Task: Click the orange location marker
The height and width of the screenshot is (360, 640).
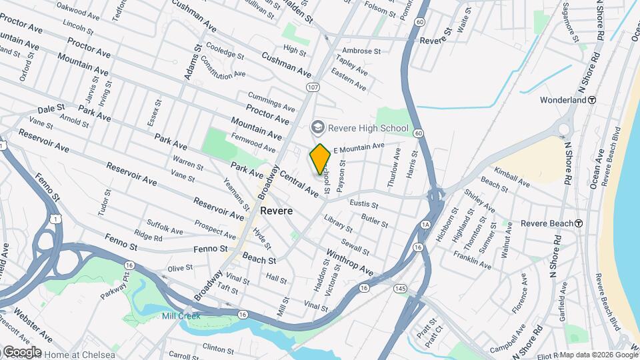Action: click(x=320, y=159)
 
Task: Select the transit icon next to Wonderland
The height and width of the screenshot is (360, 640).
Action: click(x=591, y=100)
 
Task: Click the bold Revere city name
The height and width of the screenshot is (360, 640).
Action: click(x=276, y=210)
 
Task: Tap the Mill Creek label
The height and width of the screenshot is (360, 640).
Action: click(x=181, y=315)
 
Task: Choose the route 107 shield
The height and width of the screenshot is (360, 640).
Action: click(x=313, y=87)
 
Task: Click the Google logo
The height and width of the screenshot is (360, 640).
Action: click(x=22, y=351)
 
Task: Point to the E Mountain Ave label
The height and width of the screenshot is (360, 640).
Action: click(x=359, y=146)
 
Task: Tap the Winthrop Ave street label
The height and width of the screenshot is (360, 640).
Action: click(x=349, y=262)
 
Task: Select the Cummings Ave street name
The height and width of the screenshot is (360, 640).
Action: click(x=271, y=101)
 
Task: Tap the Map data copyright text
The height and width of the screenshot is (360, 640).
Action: click(x=598, y=354)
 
